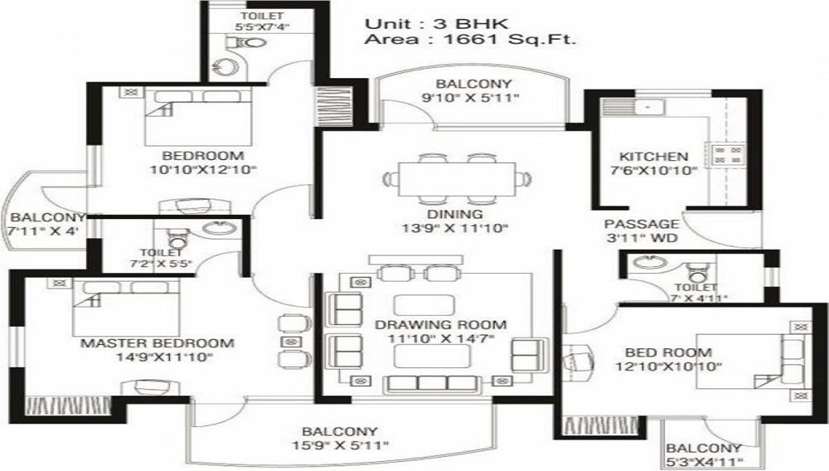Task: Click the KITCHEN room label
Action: pyautogui.click(x=653, y=157)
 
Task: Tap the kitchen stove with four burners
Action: pyautogui.click(x=728, y=154)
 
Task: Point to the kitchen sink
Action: pyautogui.click(x=633, y=107)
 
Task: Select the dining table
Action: pyautogui.click(x=457, y=179)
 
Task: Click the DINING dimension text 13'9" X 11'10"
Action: pyautogui.click(x=454, y=228)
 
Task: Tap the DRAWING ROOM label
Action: pyautogui.click(x=441, y=324)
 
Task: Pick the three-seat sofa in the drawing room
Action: pyautogui.click(x=432, y=383)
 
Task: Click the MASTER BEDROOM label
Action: pyautogui.click(x=157, y=343)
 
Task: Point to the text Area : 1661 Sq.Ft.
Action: pyautogui.click(x=470, y=40)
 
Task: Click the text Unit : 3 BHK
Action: pyautogui.click(x=437, y=24)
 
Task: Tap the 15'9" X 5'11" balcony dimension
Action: pyautogui.click(x=341, y=445)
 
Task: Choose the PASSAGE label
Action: pyautogui.click(x=642, y=224)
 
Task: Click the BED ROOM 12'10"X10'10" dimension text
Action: pyautogui.click(x=669, y=366)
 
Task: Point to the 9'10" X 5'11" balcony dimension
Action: pyautogui.click(x=471, y=97)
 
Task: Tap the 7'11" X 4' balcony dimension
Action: pyautogui.click(x=43, y=231)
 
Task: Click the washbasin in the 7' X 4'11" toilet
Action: pyautogui.click(x=646, y=262)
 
